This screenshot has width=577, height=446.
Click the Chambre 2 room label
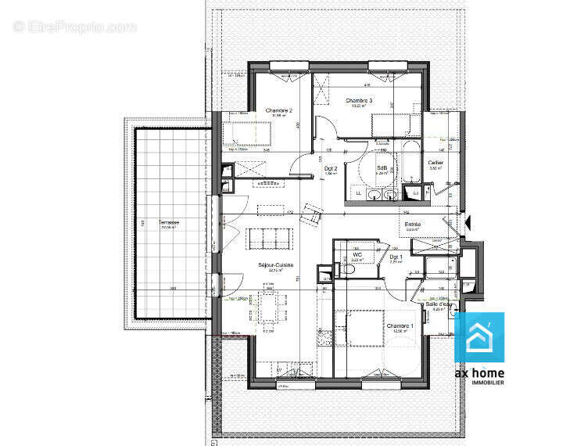[279, 110]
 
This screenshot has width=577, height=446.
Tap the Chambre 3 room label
[359, 101]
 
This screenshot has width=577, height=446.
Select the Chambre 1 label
[399, 326]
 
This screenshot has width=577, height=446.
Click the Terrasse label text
[169, 222]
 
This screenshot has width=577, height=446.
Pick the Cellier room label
[436, 163]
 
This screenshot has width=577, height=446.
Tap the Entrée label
[413, 225]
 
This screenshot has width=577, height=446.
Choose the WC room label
[357, 255]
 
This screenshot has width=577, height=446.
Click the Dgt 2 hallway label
[331, 168]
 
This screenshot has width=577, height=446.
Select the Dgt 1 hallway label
[395, 257]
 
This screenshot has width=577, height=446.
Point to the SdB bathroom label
[382, 168]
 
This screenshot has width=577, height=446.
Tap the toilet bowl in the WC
[346, 269]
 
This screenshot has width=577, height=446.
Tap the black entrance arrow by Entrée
[468, 224]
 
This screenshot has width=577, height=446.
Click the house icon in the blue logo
[478, 337]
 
